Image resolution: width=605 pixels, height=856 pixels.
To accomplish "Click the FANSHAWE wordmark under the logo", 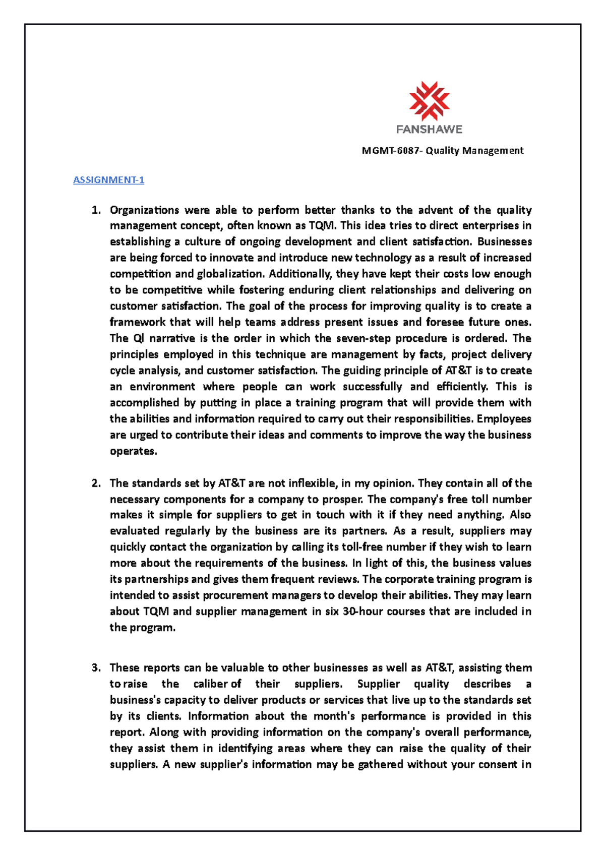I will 429,130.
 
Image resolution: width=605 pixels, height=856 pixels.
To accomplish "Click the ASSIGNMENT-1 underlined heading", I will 109,180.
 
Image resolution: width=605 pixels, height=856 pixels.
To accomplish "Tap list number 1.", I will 96,210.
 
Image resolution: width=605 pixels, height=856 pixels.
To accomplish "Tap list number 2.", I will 96,483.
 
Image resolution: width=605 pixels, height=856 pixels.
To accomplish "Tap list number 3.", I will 96,668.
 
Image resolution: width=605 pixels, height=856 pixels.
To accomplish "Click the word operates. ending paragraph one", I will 134,451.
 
